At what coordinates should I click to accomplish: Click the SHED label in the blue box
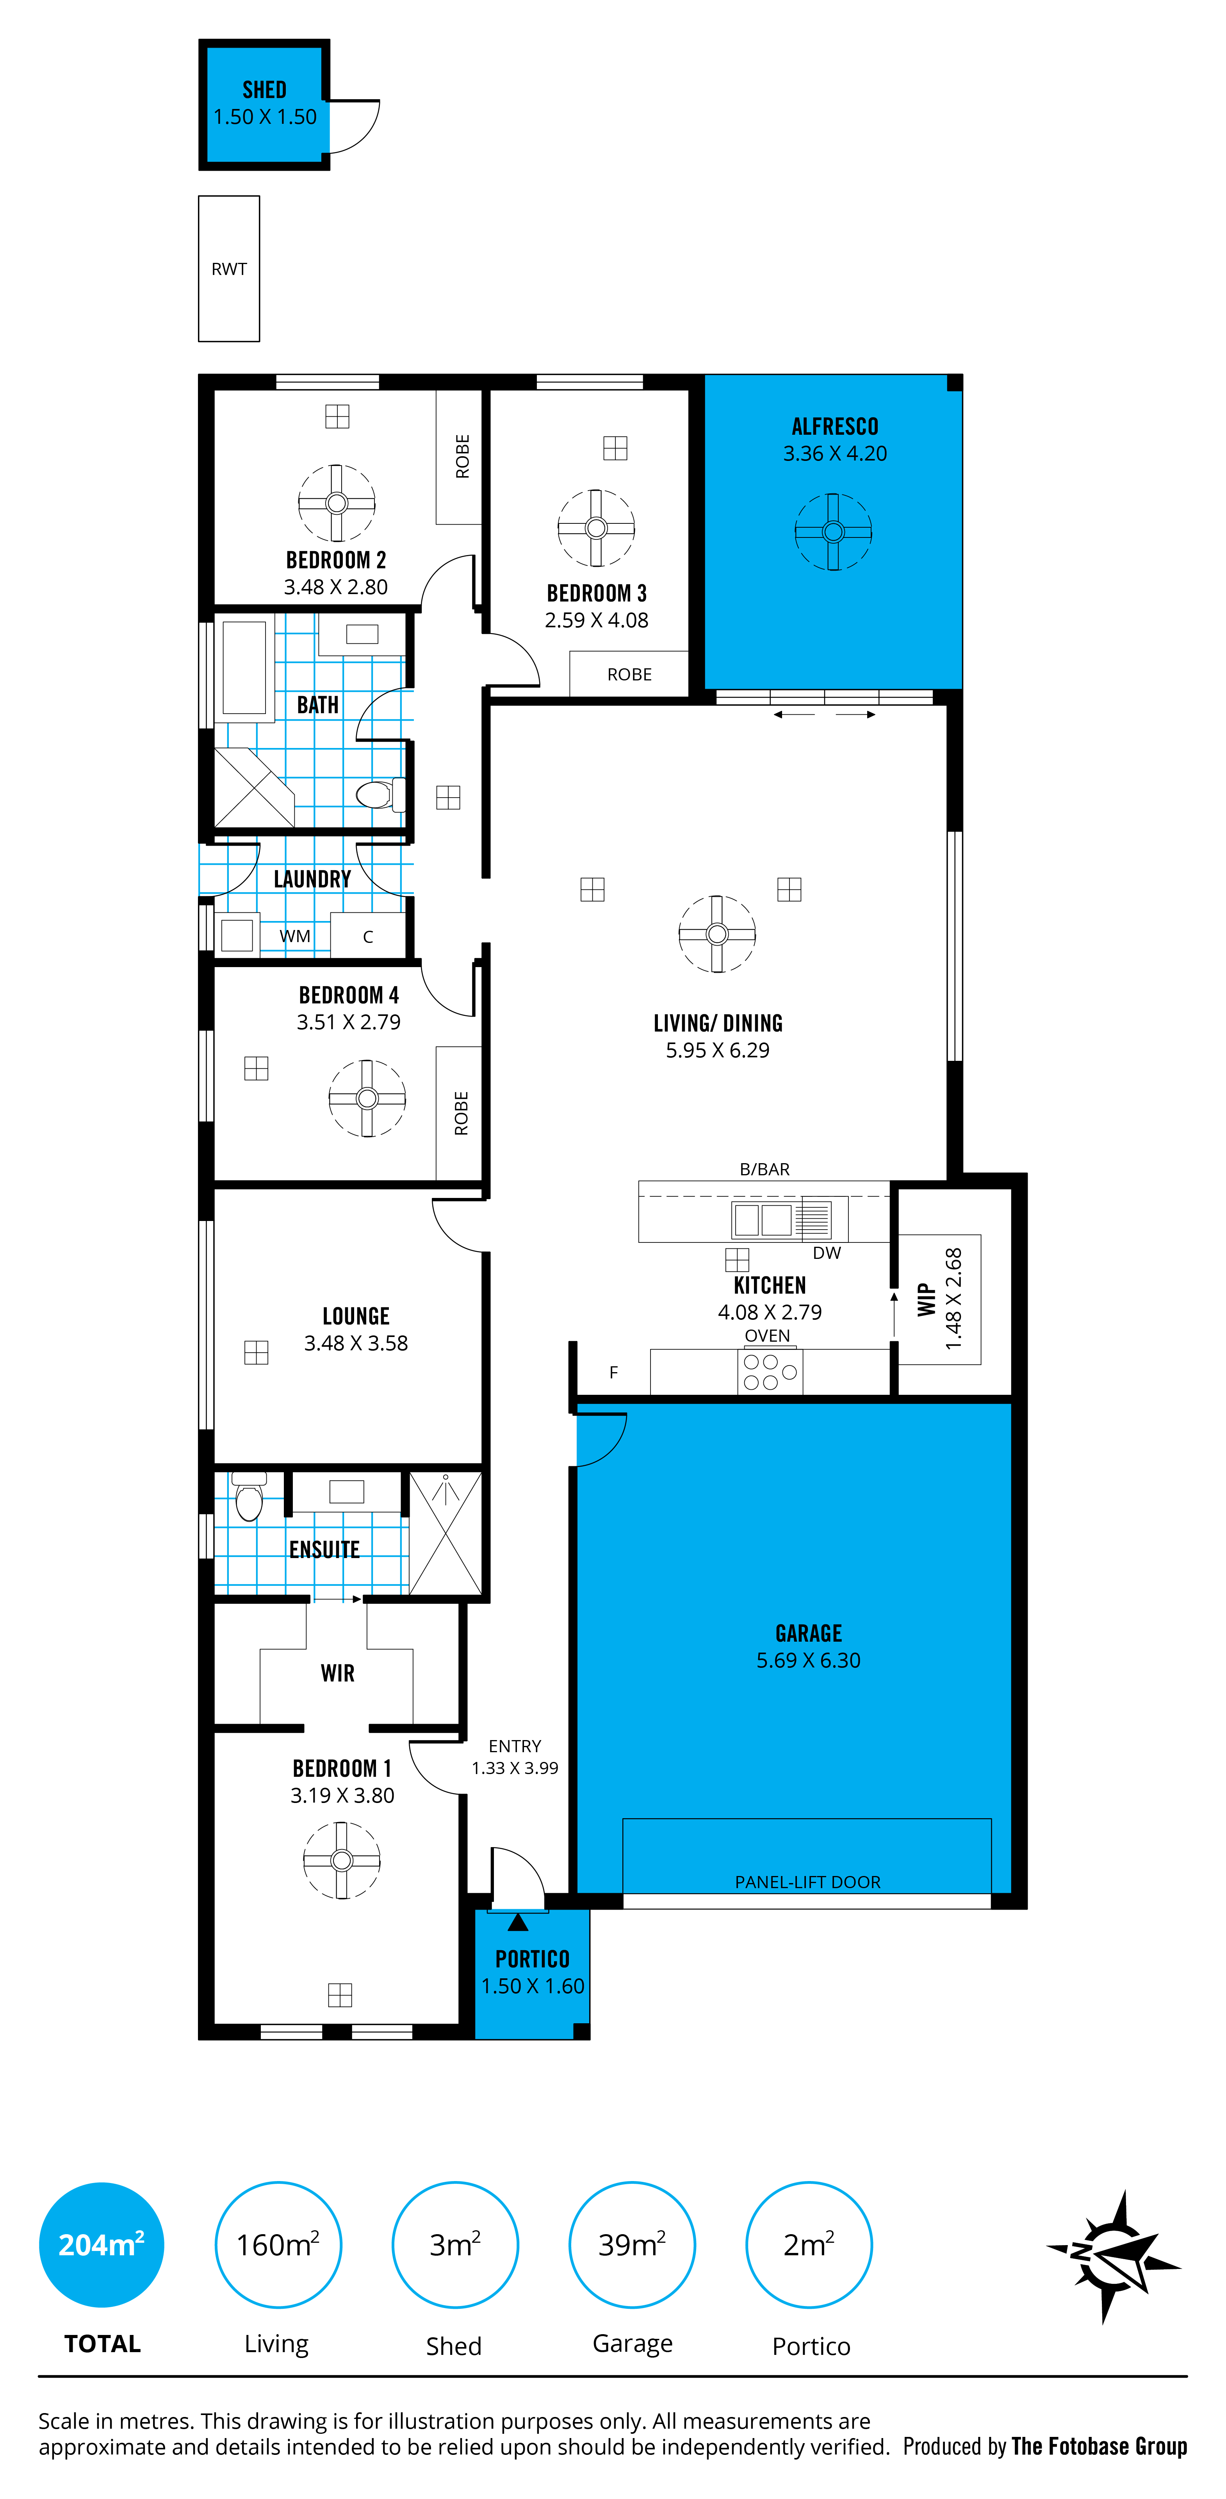(264, 90)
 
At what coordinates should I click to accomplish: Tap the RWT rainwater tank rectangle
(229, 269)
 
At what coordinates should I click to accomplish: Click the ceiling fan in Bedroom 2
(337, 503)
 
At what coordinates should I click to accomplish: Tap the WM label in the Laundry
(295, 936)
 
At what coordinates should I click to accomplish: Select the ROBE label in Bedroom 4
(461, 1113)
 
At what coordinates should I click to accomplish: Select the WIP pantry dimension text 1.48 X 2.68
(953, 1298)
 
